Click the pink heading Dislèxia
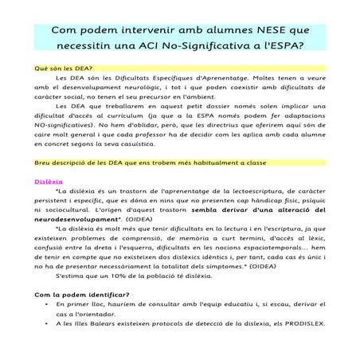point(49,203)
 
